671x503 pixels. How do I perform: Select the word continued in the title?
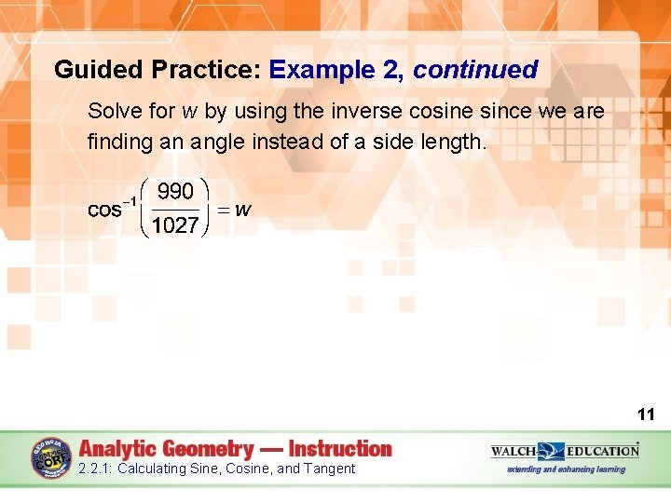point(475,70)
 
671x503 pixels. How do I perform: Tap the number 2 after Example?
point(394,70)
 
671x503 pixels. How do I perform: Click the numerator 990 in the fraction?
point(175,192)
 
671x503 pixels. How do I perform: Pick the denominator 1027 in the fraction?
point(175,225)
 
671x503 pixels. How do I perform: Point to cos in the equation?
point(104,211)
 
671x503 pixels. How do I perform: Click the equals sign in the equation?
point(222,211)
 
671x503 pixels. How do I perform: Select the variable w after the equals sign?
point(242,211)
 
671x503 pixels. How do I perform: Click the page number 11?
point(646,414)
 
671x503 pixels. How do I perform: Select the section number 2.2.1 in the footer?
point(95,469)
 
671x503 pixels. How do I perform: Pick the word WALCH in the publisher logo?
point(513,451)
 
